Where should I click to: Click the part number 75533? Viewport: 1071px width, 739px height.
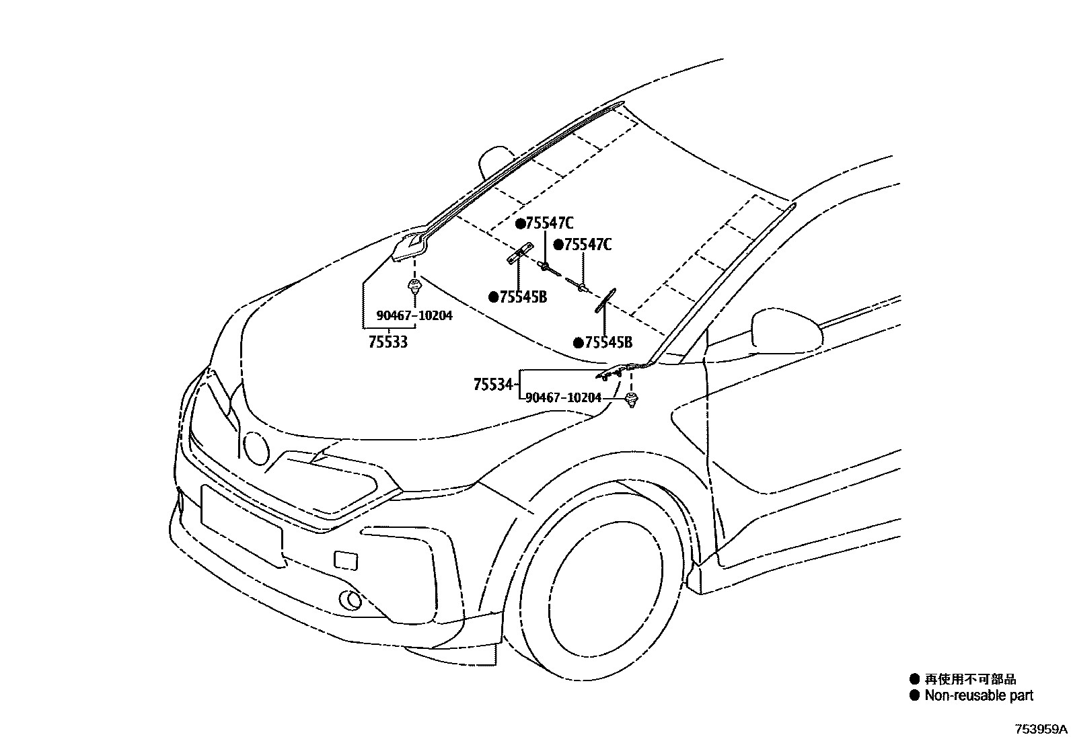pyautogui.click(x=388, y=342)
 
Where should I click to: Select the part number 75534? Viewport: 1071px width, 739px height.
pyautogui.click(x=493, y=385)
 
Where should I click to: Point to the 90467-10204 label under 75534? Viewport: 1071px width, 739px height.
pyautogui.click(x=563, y=397)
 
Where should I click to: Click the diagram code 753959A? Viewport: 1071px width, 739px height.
pyautogui.click(x=1041, y=729)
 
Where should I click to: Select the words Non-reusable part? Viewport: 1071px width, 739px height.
pyautogui.click(x=979, y=696)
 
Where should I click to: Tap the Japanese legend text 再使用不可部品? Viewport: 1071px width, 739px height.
pyautogui.click(x=970, y=679)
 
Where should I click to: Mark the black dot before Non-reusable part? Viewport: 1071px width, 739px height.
pyautogui.click(x=914, y=696)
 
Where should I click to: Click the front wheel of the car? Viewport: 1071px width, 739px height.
pyautogui.click(x=599, y=578)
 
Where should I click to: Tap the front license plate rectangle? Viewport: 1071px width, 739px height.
pyautogui.click(x=241, y=524)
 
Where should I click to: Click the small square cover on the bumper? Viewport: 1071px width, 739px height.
pyautogui.click(x=346, y=560)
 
